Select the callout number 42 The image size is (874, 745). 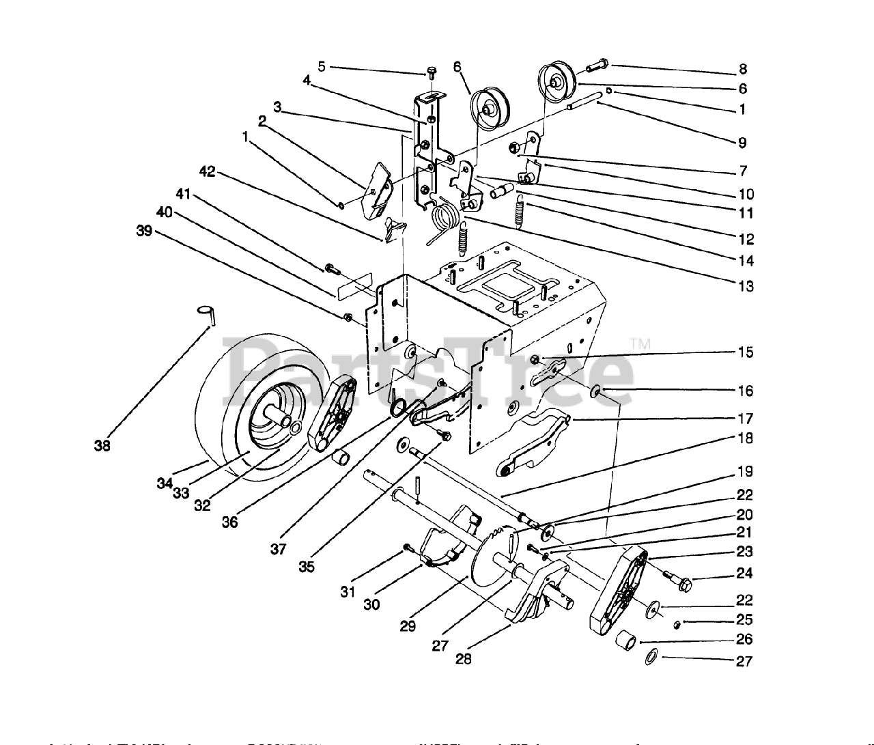(207, 172)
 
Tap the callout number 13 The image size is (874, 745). (746, 286)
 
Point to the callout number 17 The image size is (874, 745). (746, 418)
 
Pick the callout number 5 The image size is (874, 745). (322, 67)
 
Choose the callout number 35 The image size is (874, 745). (307, 566)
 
